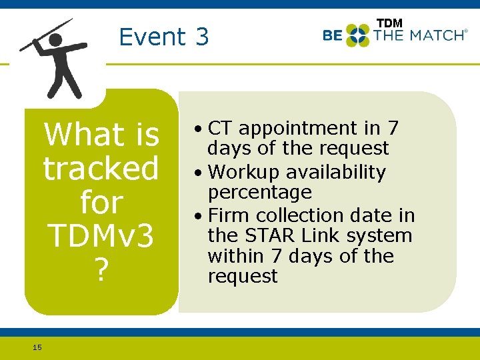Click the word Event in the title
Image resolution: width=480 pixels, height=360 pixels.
(x=151, y=37)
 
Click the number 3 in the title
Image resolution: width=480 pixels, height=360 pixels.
(x=202, y=37)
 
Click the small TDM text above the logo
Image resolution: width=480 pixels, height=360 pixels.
(x=389, y=23)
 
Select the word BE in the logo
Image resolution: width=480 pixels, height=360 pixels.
(x=332, y=35)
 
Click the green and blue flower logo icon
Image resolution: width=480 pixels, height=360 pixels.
(x=357, y=35)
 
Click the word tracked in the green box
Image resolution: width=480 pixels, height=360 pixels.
(x=101, y=168)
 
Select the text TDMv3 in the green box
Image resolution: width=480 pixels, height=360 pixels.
(x=101, y=236)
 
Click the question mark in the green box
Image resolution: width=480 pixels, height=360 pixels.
(x=101, y=270)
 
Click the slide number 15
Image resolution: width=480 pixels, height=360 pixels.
(x=37, y=347)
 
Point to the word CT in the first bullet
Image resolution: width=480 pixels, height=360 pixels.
(x=221, y=128)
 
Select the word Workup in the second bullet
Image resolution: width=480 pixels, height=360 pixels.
(x=244, y=172)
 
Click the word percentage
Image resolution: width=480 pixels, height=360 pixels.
(x=259, y=192)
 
